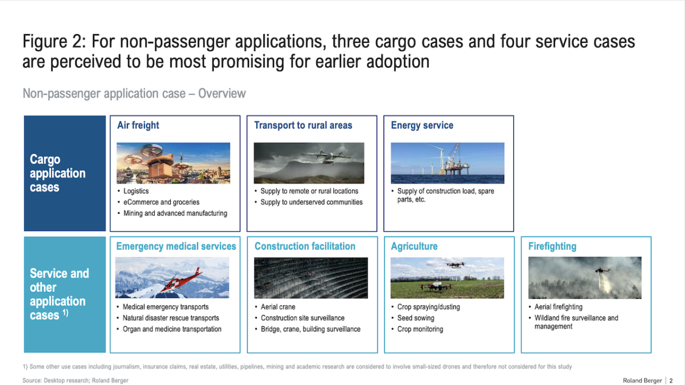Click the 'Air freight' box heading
point(138,125)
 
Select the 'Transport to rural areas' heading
point(303,125)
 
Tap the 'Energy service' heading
point(422,125)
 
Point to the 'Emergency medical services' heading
point(176,246)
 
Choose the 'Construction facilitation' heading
point(305,246)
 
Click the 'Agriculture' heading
point(414,246)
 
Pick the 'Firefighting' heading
point(553,246)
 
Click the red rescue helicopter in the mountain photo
point(180,281)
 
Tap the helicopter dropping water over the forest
point(602,270)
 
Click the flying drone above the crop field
point(456,265)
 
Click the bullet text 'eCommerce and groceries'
point(161,202)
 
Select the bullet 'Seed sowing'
point(416,318)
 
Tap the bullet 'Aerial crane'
point(278,307)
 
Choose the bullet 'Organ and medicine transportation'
point(172,329)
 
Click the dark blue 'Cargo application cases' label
point(65,173)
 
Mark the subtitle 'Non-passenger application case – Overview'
point(134,94)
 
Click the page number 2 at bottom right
point(671,381)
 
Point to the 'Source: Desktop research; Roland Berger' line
point(75,381)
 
